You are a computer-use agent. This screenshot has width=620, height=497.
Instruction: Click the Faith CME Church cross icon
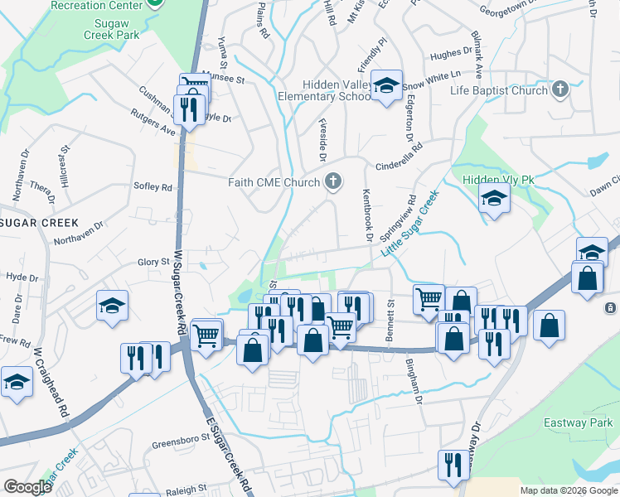(333, 181)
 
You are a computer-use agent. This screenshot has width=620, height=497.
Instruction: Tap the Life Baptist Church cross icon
(560, 89)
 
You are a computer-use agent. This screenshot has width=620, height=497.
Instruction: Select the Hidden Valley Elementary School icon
(386, 85)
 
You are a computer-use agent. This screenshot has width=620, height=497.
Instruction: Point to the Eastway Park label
(578, 422)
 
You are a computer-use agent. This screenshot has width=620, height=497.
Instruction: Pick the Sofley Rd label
(153, 187)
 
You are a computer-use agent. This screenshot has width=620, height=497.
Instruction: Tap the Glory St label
(153, 262)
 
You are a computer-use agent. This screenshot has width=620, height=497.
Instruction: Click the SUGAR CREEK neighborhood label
(38, 223)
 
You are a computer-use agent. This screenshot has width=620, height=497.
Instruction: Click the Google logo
(27, 487)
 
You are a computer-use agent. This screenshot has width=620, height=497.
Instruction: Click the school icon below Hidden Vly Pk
(494, 200)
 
